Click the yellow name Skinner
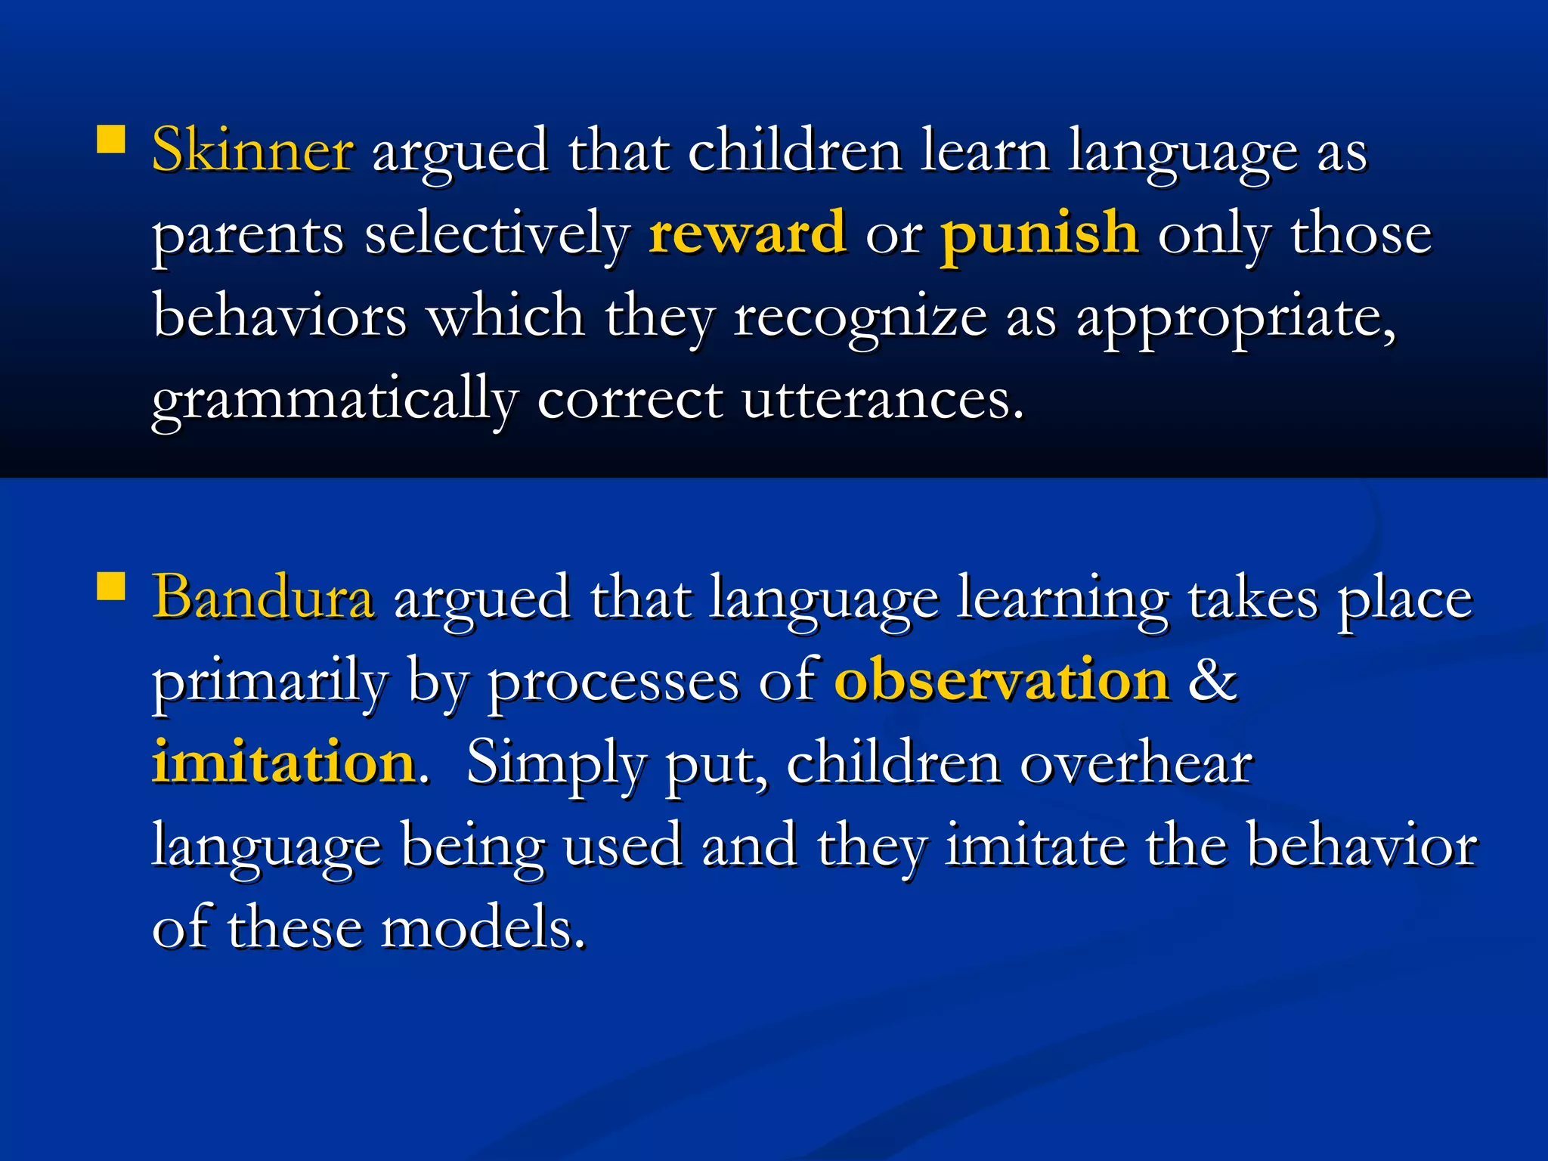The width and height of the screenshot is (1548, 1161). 252,150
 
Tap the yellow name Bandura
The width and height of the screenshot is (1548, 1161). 263,597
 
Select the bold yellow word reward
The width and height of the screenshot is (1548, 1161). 747,233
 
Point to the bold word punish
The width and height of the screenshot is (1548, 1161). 1039,233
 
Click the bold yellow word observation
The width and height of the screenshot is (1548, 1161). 1002,680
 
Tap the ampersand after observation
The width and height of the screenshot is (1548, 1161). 1212,680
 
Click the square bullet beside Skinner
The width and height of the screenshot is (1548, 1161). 111,139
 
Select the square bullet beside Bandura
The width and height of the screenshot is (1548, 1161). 111,586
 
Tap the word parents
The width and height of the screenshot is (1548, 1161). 248,236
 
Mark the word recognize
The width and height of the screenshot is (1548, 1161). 860,317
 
